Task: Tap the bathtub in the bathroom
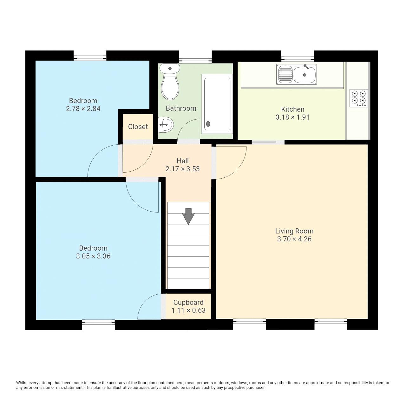(217, 103)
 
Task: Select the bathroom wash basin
(166, 124)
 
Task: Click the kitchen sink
(297, 75)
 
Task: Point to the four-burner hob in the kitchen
(359, 98)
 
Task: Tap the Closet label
(138, 127)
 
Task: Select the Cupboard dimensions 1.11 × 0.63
(188, 311)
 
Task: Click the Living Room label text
(294, 231)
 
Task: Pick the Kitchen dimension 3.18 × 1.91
(292, 117)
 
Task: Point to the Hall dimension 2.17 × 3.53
(183, 169)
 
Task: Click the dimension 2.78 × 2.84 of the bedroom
(83, 109)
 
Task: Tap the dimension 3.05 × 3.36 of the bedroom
(93, 256)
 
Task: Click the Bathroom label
(181, 108)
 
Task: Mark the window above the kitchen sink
(297, 58)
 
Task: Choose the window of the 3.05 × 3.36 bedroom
(98, 322)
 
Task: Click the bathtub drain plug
(208, 124)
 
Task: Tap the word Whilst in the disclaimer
(22, 383)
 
